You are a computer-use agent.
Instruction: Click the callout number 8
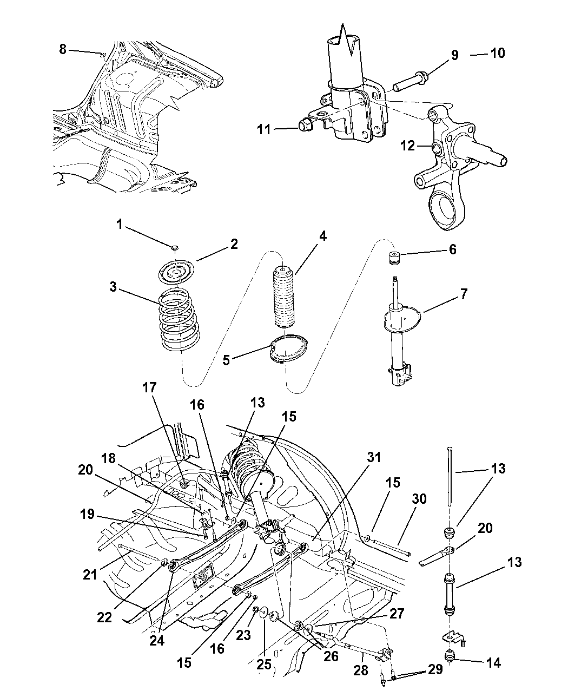[63, 49]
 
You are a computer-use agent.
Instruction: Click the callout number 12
[407, 146]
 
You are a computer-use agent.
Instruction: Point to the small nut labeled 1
[174, 248]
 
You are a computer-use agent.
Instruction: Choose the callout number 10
[497, 53]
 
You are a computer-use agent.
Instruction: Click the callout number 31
[374, 458]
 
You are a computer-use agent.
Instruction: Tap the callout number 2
[234, 244]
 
